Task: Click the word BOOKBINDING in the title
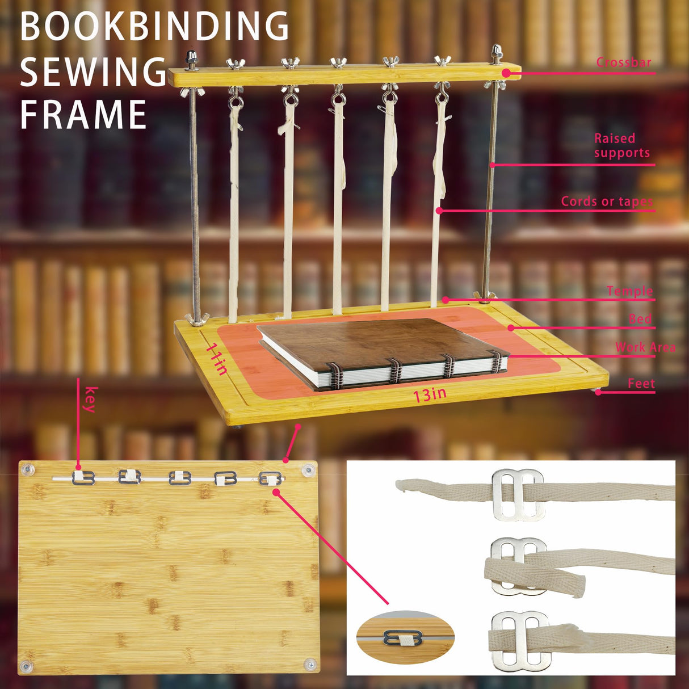click(154, 26)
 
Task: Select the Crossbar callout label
click(623, 62)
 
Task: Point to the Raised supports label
click(621, 146)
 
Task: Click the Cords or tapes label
click(607, 201)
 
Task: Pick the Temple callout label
click(629, 292)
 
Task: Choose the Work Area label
click(645, 347)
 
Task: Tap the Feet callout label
click(641, 384)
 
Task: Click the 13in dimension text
click(430, 394)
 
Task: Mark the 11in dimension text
click(217, 359)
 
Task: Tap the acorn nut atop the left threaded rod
click(190, 58)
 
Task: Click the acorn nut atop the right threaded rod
click(497, 53)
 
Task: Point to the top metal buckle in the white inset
click(518, 494)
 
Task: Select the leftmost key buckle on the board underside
click(83, 477)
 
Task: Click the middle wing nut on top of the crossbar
click(338, 61)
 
